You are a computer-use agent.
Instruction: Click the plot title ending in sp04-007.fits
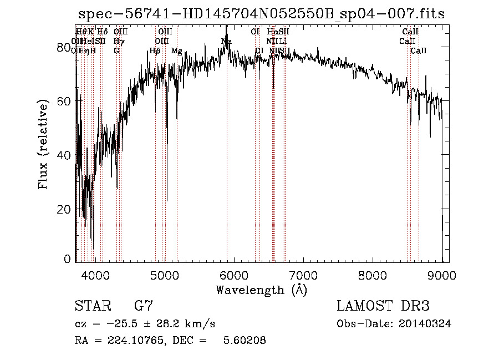pyautogui.click(x=261, y=14)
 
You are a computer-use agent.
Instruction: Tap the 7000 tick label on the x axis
pyautogui.click(x=303, y=275)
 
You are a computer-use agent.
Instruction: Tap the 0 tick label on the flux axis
pyautogui.click(x=68, y=259)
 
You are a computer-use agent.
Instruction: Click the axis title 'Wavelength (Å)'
pyautogui.click(x=261, y=290)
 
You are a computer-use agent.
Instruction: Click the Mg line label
pyautogui.click(x=176, y=51)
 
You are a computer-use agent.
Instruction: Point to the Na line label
pyautogui.click(x=226, y=42)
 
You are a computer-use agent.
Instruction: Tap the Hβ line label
pyautogui.click(x=155, y=51)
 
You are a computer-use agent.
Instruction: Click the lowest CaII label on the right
pyautogui.click(x=419, y=51)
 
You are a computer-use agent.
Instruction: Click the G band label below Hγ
pyautogui.click(x=116, y=51)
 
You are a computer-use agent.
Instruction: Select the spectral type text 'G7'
pyautogui.click(x=144, y=306)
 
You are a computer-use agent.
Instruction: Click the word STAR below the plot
pyautogui.click(x=92, y=306)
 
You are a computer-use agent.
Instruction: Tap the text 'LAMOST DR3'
pyautogui.click(x=383, y=306)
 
